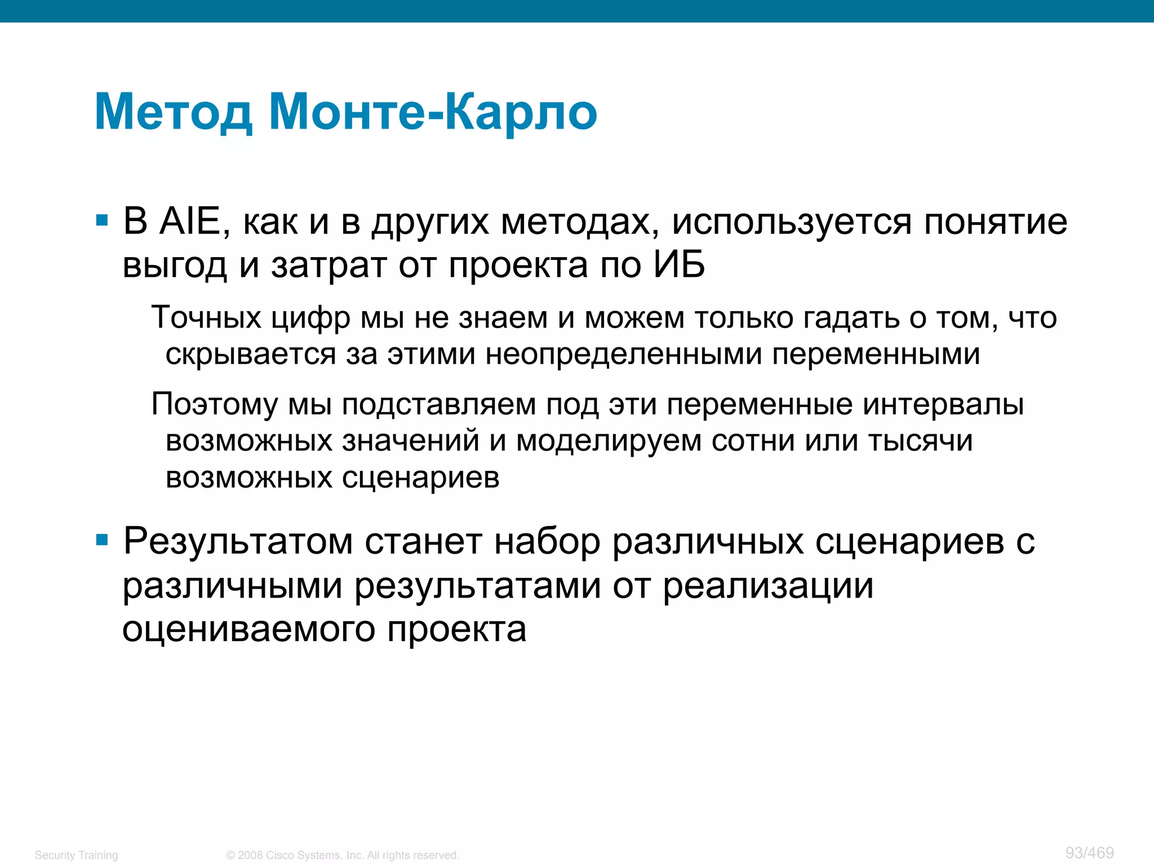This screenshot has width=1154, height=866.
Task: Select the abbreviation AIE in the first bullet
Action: coord(190,221)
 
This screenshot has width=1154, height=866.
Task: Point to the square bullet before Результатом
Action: coord(102,541)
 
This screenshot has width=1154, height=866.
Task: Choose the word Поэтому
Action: coord(215,405)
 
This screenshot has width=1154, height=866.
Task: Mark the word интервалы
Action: coord(943,405)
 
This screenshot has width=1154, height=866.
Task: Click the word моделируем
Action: coord(609,441)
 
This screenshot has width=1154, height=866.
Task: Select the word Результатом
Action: coord(238,542)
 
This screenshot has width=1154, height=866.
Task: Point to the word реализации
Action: coord(768,586)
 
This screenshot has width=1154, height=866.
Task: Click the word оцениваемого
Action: coord(248,630)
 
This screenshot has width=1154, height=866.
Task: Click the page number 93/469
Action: coord(1089,852)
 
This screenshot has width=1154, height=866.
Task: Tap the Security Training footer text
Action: coord(77,855)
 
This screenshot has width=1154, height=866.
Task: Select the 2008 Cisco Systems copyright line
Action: coord(343,855)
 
